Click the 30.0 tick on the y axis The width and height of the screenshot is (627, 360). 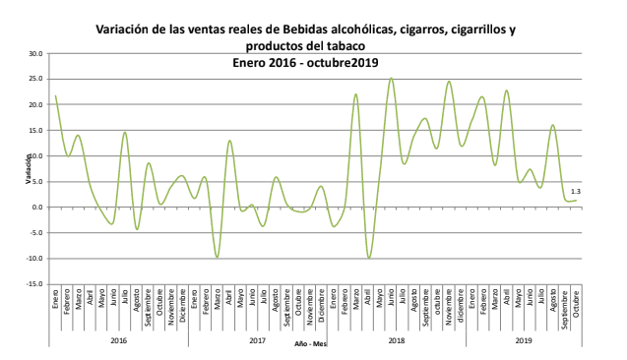[x=36, y=53]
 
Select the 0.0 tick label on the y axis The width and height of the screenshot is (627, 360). [x=38, y=208]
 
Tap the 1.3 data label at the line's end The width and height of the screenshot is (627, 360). [x=575, y=192]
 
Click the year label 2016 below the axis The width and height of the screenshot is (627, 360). [x=118, y=340]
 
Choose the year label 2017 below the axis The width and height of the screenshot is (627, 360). [x=257, y=340]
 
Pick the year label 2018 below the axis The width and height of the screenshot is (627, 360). [x=397, y=340]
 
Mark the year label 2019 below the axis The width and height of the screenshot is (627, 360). [x=524, y=340]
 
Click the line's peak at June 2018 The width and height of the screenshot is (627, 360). [x=391, y=79]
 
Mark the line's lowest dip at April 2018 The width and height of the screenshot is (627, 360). [x=368, y=258]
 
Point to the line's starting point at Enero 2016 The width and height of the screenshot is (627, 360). [x=55, y=95]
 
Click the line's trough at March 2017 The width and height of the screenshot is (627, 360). [x=217, y=258]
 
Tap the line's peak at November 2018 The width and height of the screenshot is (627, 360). [x=449, y=82]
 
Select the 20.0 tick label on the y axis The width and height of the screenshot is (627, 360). [x=36, y=104]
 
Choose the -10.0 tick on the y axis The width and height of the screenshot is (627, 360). [x=35, y=259]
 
